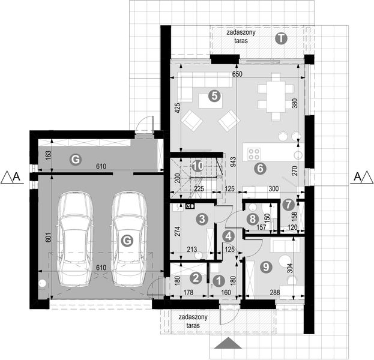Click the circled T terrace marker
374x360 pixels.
pos(281,38)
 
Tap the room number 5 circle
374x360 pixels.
pos(213,95)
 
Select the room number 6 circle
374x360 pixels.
pos(260,169)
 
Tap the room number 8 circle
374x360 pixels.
pos(253,219)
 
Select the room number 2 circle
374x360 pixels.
pos(196,278)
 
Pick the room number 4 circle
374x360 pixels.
pos(228,236)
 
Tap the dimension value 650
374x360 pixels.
pos(237,74)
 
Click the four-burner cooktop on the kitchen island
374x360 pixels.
pos(255,152)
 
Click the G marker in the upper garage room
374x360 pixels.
pos(75,159)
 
